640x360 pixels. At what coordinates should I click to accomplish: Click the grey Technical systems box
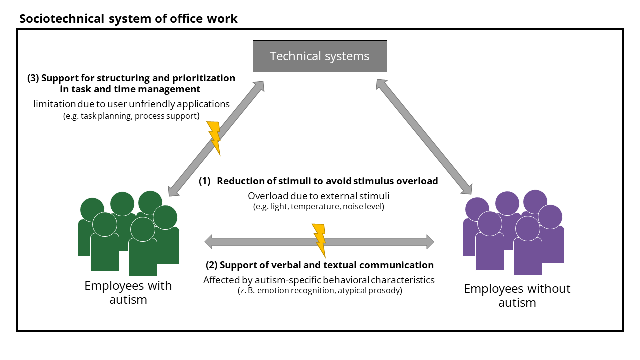320,56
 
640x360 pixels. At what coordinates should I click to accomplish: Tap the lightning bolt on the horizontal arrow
319,240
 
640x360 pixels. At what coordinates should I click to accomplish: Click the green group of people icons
129,233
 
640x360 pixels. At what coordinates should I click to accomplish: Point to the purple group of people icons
514,232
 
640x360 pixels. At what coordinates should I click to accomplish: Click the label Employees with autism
128,293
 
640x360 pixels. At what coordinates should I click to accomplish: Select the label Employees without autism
517,295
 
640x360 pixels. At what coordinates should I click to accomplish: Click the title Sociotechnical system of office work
128,19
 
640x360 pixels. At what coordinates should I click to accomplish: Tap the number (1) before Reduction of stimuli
205,181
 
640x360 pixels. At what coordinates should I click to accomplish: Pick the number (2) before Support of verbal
212,265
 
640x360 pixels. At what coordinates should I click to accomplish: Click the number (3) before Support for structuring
34,78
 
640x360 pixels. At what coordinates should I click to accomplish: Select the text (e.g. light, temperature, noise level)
319,206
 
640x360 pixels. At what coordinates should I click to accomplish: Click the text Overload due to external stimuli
319,195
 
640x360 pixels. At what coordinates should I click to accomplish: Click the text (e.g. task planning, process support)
131,116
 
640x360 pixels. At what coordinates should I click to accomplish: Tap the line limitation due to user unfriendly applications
132,104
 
